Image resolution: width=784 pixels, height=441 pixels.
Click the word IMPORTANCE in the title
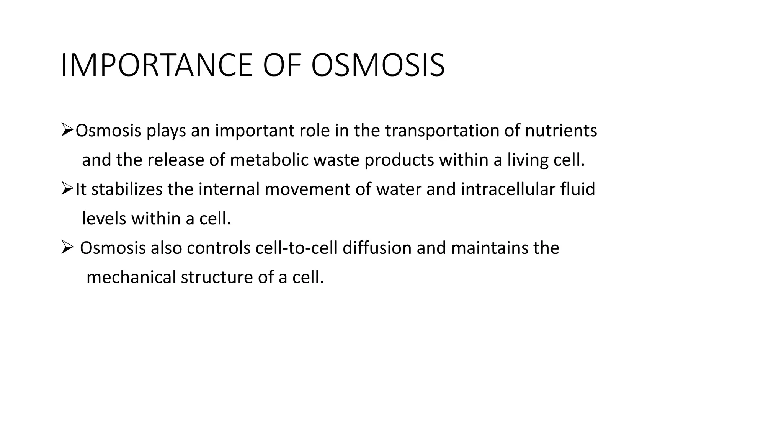pyautogui.click(x=156, y=65)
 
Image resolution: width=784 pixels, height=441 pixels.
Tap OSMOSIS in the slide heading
pyautogui.click(x=378, y=65)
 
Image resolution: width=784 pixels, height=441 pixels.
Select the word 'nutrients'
pyautogui.click(x=561, y=131)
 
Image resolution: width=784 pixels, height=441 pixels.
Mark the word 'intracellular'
pyautogui.click(x=508, y=189)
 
